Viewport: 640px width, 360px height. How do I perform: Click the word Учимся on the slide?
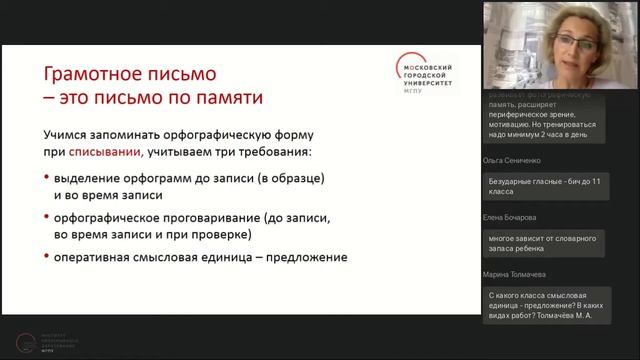point(66,135)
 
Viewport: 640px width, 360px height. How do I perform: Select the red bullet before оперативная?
point(47,257)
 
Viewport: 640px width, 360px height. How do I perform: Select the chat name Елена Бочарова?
point(510,217)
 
